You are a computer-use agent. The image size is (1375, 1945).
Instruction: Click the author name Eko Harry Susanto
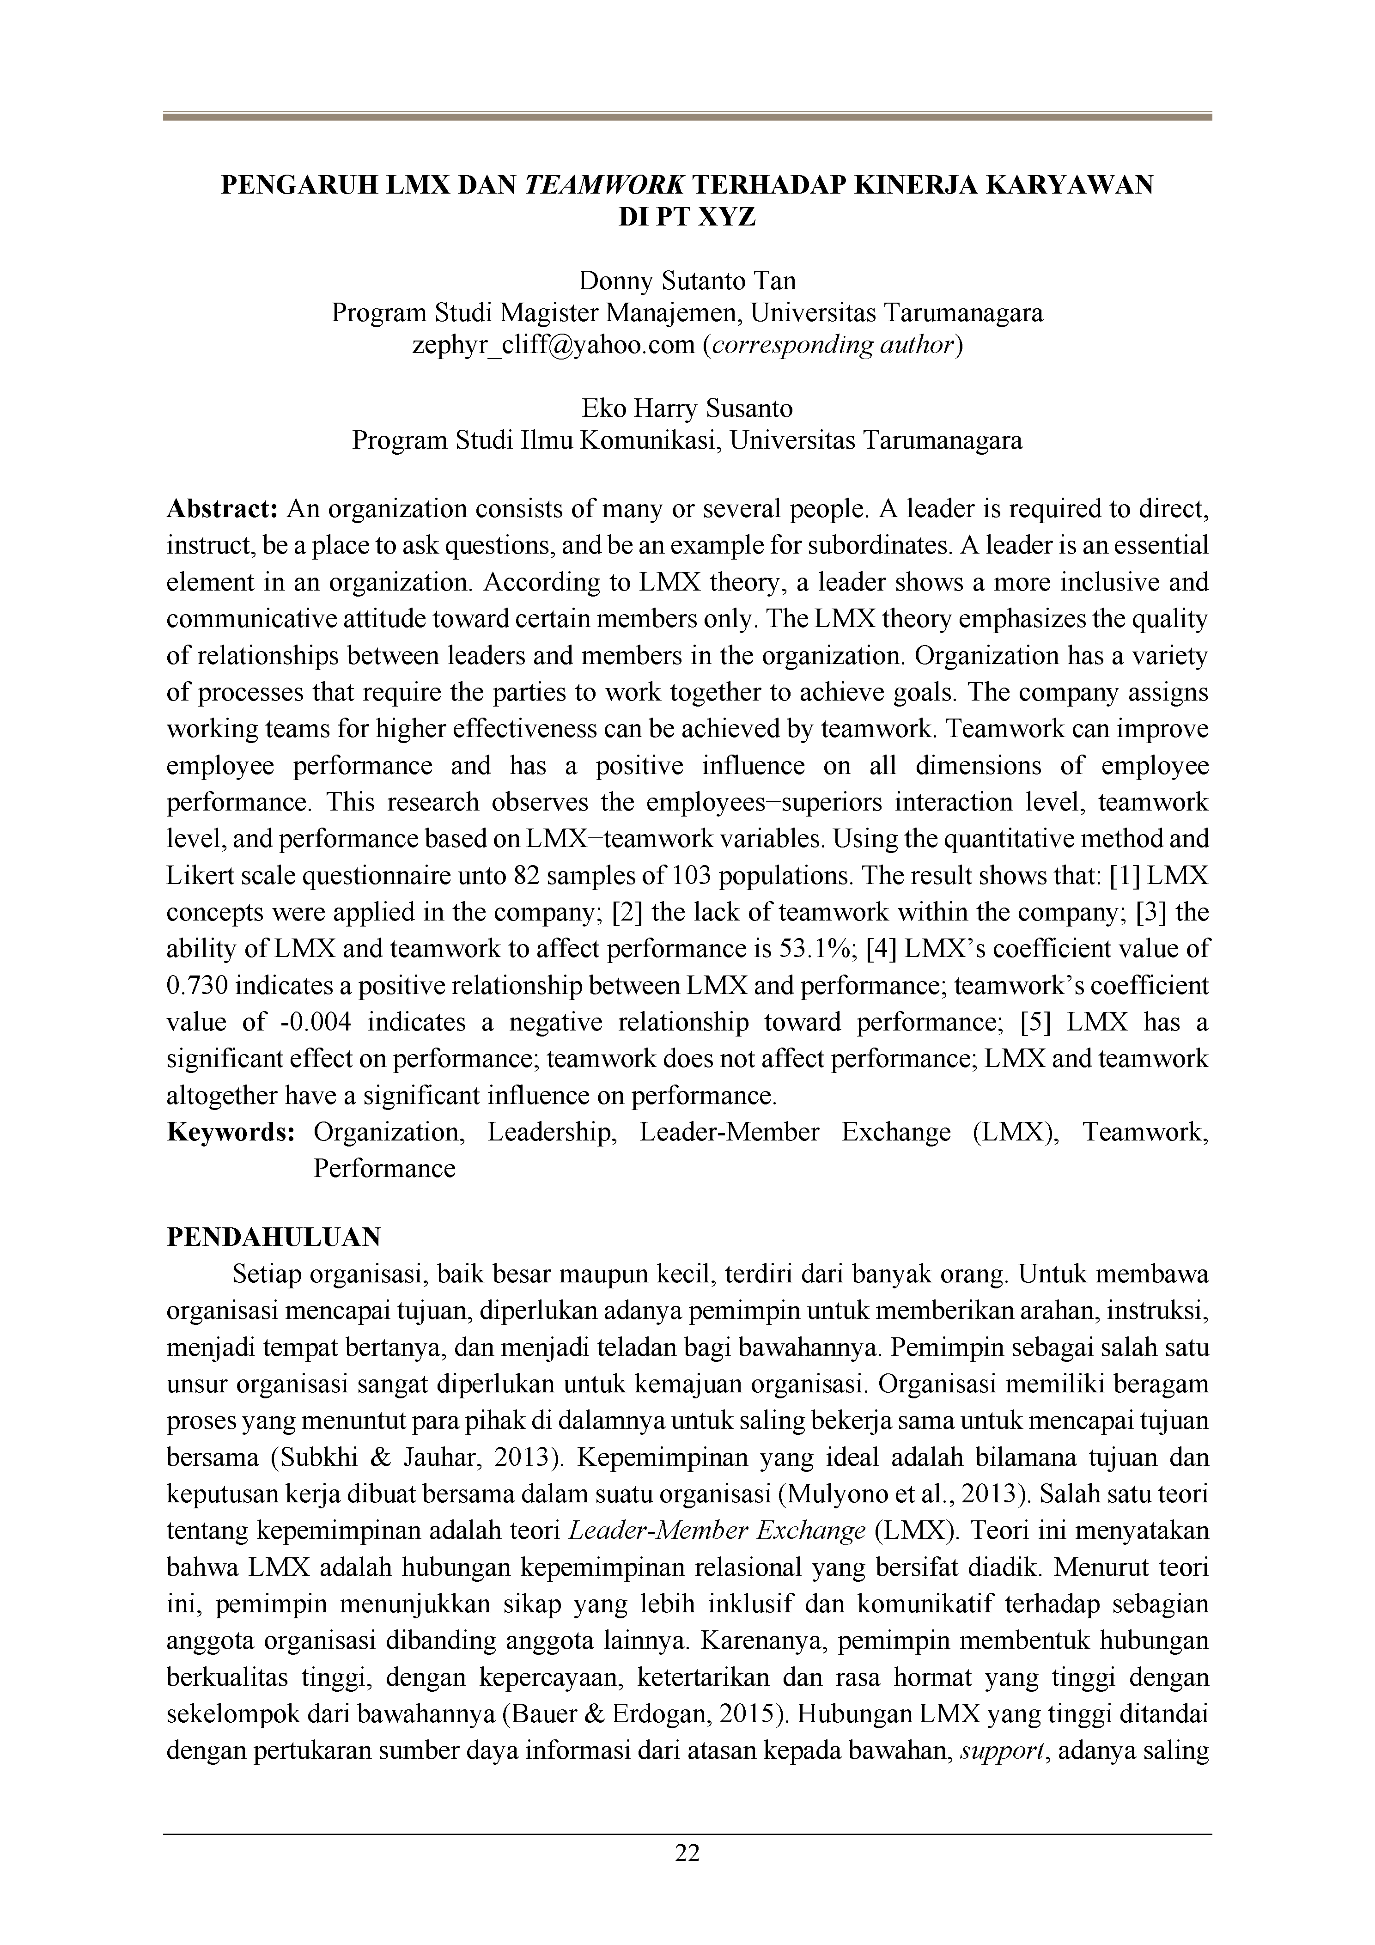coord(687,409)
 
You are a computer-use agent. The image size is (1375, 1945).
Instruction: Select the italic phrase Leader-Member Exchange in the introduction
coord(715,1531)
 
